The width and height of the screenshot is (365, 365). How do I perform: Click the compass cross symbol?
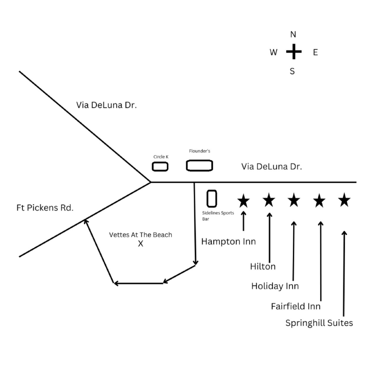pyautogui.click(x=293, y=52)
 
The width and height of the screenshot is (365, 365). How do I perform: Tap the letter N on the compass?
pyautogui.click(x=293, y=35)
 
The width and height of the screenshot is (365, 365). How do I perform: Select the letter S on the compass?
pyautogui.click(x=292, y=71)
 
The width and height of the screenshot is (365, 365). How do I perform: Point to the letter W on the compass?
pyautogui.click(x=273, y=52)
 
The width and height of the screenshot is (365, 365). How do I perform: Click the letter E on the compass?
pyautogui.click(x=315, y=52)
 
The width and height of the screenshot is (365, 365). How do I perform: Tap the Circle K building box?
pyautogui.click(x=160, y=167)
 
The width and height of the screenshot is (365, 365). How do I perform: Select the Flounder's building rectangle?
pyautogui.click(x=199, y=165)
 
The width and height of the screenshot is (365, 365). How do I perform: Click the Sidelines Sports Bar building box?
pyautogui.click(x=212, y=199)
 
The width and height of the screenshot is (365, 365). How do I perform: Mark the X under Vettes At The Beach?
pyautogui.click(x=141, y=243)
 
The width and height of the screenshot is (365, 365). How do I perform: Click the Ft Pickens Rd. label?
pyautogui.click(x=45, y=208)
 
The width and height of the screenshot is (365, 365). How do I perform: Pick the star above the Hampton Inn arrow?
pyautogui.click(x=243, y=201)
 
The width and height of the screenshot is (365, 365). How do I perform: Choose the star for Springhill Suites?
pyautogui.click(x=344, y=200)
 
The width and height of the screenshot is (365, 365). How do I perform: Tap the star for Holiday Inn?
pyautogui.click(x=294, y=200)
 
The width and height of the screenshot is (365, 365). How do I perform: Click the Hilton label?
pyautogui.click(x=263, y=267)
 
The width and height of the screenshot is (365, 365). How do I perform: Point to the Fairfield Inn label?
pyautogui.click(x=296, y=306)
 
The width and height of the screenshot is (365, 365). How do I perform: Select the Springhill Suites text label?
pyautogui.click(x=319, y=323)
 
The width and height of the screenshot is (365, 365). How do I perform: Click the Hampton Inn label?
pyautogui.click(x=228, y=242)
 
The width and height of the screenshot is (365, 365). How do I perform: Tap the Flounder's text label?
pyautogui.click(x=200, y=151)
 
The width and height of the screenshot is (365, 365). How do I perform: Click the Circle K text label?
pyautogui.click(x=161, y=157)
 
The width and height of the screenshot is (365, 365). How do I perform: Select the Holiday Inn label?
pyautogui.click(x=275, y=286)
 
